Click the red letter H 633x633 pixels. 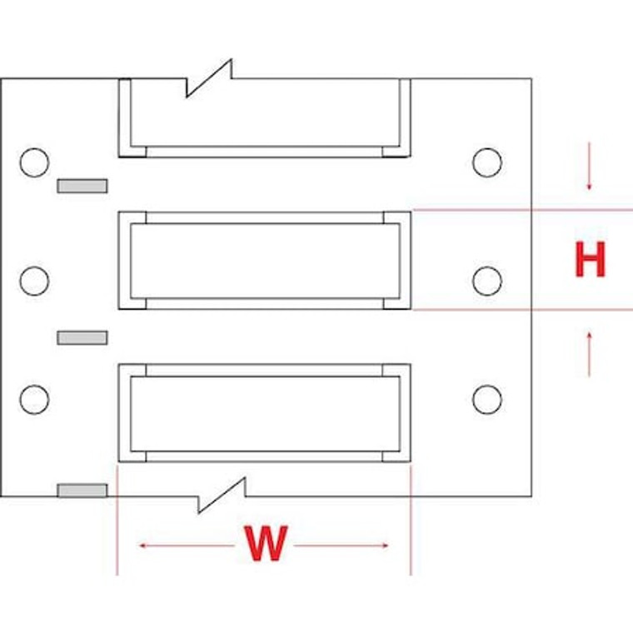click(590, 259)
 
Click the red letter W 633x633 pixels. click(265, 545)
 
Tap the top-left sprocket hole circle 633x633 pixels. click(34, 162)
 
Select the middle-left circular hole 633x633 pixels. click(34, 281)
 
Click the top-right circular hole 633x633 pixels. click(486, 162)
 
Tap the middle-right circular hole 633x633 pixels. click(486, 281)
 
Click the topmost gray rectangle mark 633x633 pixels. click(82, 185)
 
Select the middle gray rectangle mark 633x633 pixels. click(82, 337)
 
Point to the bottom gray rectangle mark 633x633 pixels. click(82, 490)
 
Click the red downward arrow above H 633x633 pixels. click(590, 167)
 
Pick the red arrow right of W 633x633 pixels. click(341, 546)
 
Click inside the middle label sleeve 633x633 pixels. click(265, 261)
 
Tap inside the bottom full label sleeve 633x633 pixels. click(265, 413)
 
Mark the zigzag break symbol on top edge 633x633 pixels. click(208, 78)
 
